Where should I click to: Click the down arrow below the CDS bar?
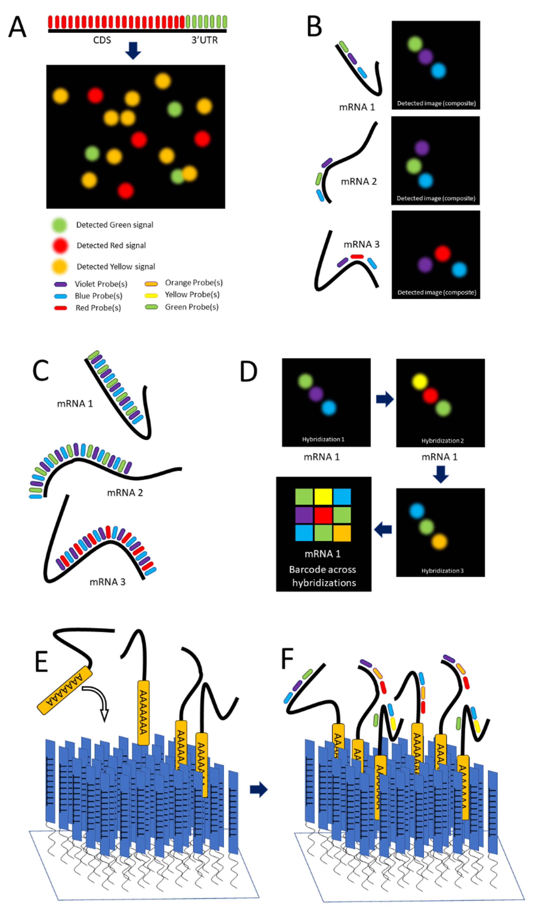pyautogui.click(x=133, y=50)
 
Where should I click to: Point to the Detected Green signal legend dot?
pyautogui.click(x=59, y=225)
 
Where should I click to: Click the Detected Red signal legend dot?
pyautogui.click(x=60, y=246)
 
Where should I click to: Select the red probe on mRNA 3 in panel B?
pyautogui.click(x=357, y=256)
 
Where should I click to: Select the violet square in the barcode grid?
pyautogui.click(x=304, y=515)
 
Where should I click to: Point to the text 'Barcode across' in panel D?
pyautogui.click(x=323, y=569)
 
